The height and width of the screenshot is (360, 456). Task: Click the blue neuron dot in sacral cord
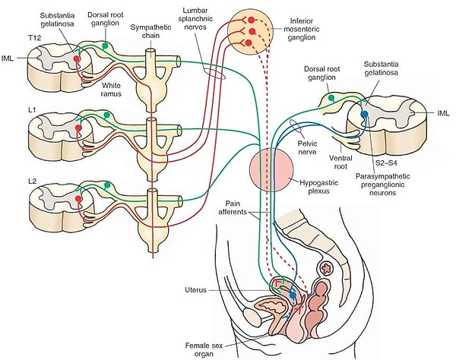[365, 114]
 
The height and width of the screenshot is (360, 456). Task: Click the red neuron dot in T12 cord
[77, 58]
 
